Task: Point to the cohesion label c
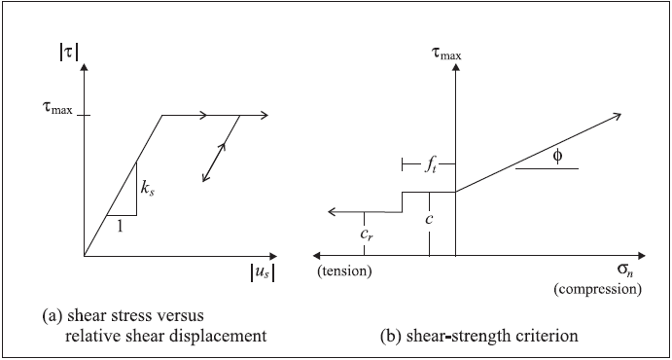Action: [429, 219]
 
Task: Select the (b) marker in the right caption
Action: [388, 337]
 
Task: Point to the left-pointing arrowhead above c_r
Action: [331, 211]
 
